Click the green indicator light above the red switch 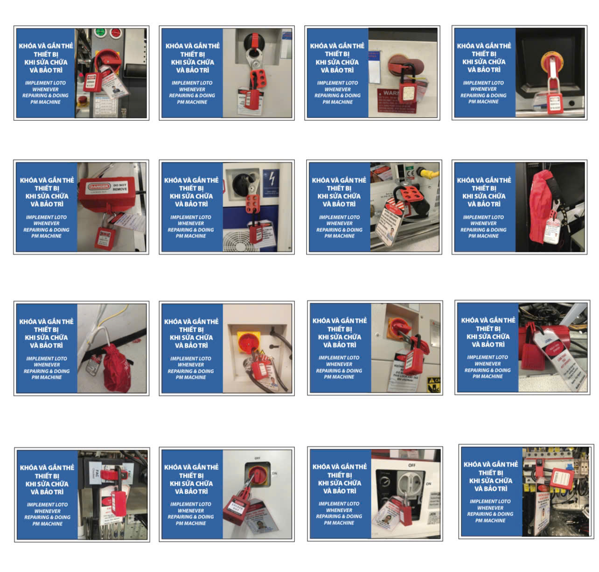[99, 33]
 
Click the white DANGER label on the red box [99, 187]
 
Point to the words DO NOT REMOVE [119, 187]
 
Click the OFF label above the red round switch [257, 458]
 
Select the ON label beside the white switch [428, 484]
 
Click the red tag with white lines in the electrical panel [559, 478]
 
